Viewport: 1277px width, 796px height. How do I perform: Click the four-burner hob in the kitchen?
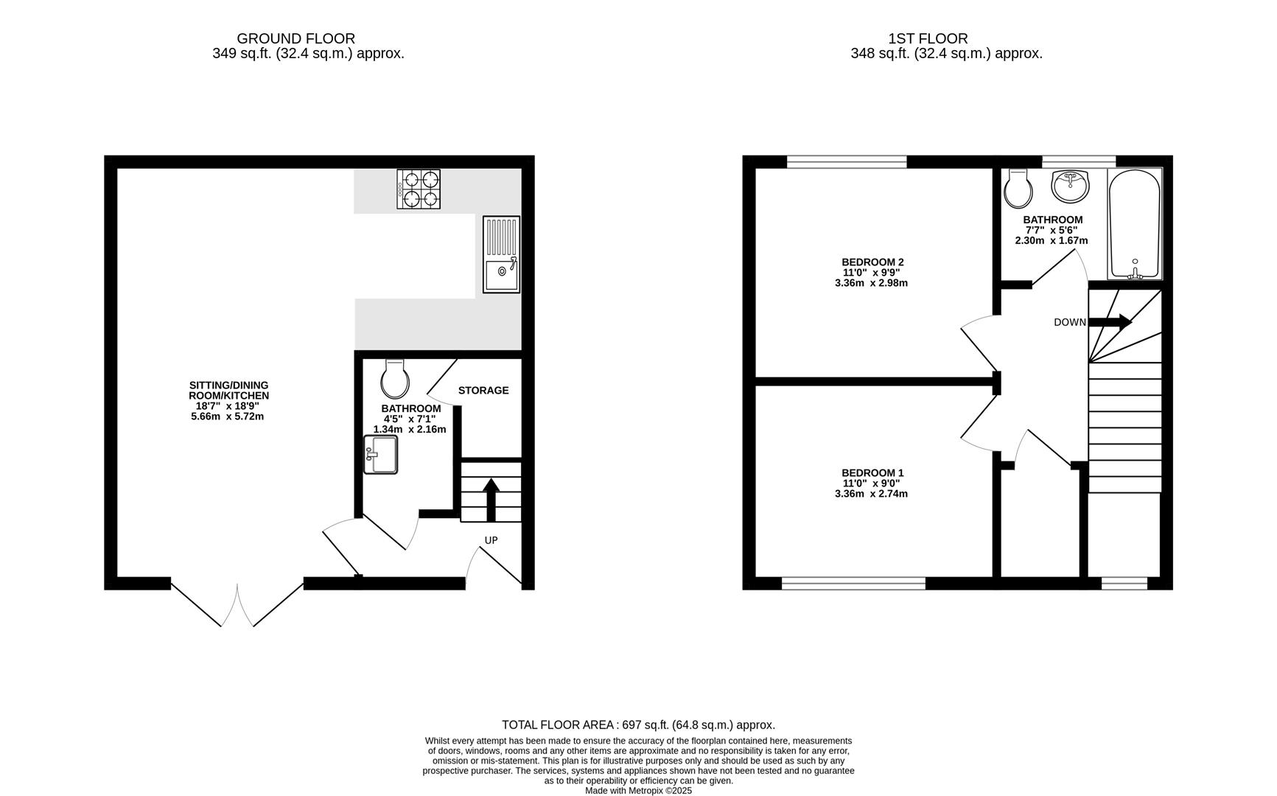(x=419, y=189)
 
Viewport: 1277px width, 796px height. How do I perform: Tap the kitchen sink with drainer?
(x=501, y=254)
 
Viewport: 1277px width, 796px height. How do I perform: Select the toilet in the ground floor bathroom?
(x=395, y=379)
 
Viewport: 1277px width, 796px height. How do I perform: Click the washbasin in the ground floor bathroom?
(x=380, y=454)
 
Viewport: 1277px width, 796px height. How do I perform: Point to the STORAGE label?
(x=483, y=390)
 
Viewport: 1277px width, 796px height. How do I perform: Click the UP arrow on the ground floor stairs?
(x=491, y=499)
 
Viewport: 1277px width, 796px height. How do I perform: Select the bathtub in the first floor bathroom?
(x=1135, y=223)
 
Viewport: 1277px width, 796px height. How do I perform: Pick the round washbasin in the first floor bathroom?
(x=1070, y=186)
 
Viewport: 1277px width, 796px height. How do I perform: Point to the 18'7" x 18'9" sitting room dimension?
(x=228, y=405)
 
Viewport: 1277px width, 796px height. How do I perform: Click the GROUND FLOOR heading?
(x=295, y=38)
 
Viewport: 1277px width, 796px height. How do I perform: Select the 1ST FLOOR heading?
(x=928, y=38)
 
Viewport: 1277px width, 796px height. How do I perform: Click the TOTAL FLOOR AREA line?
(x=638, y=725)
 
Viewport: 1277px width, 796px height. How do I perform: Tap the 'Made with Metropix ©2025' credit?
(x=638, y=790)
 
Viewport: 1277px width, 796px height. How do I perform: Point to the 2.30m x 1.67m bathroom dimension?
(x=1052, y=240)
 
